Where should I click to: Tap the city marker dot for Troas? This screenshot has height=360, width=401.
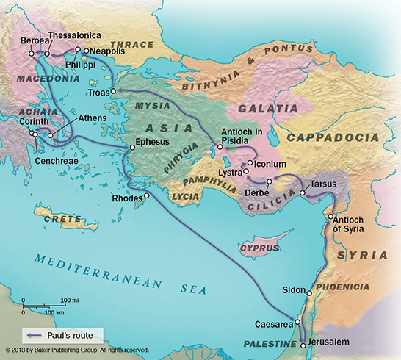point(113,91)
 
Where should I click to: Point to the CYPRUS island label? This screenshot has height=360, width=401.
point(260,249)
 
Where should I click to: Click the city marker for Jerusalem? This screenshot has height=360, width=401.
point(303,344)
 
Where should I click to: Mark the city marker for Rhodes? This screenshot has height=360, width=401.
point(146,195)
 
